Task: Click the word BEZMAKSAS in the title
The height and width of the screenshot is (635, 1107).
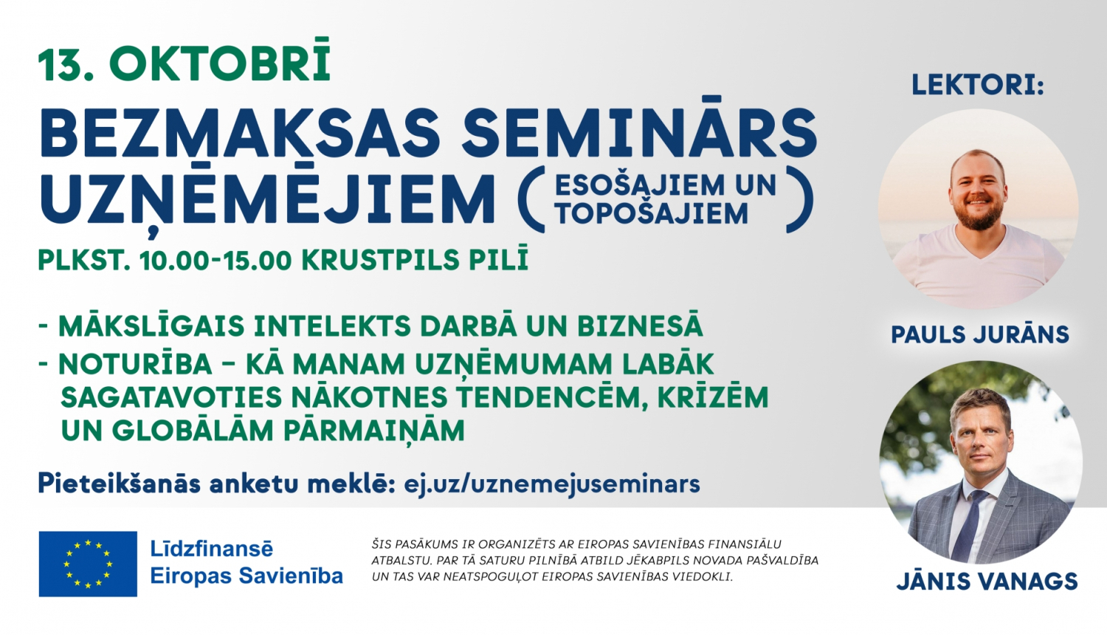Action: pyautogui.click(x=240, y=134)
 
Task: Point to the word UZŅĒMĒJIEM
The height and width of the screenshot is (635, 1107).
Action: pyautogui.click(x=268, y=200)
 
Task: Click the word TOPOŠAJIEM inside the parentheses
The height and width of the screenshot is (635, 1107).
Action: pyautogui.click(x=652, y=214)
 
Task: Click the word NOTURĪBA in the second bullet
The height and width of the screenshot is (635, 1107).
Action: pyautogui.click(x=135, y=365)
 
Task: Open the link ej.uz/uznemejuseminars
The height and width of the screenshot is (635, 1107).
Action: pyautogui.click(x=552, y=484)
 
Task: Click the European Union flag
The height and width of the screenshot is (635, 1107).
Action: pyautogui.click(x=88, y=564)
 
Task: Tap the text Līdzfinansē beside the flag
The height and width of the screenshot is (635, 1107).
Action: pyautogui.click(x=212, y=549)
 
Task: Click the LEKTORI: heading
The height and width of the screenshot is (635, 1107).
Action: pyautogui.click(x=978, y=85)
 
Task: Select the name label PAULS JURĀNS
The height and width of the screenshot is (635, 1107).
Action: pyautogui.click(x=980, y=335)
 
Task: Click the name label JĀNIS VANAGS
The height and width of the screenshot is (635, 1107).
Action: pyautogui.click(x=987, y=582)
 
